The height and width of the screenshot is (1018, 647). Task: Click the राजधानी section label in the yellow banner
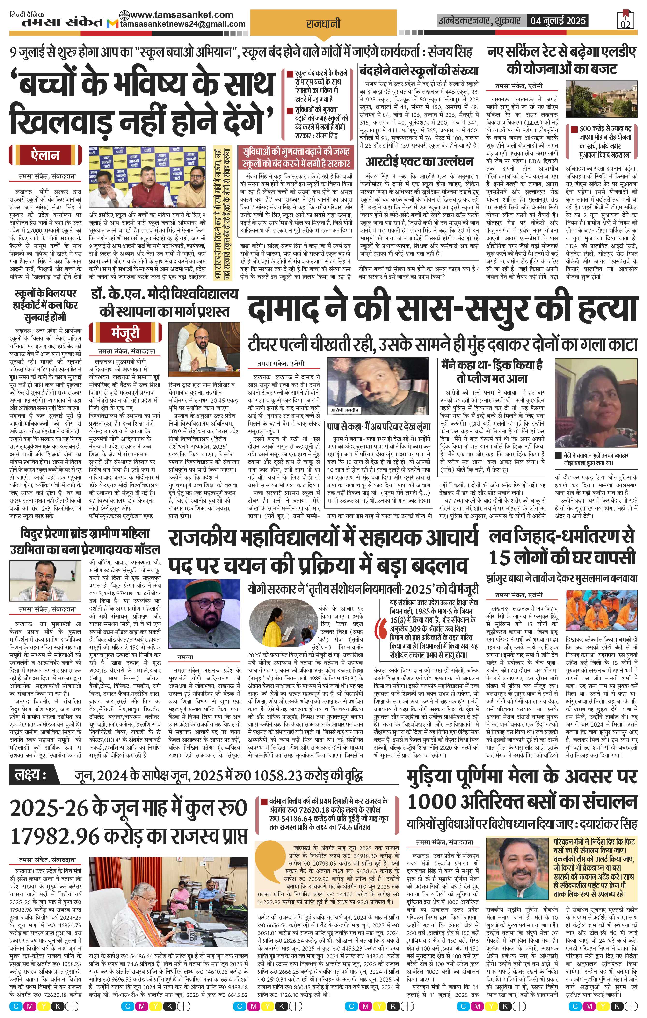pyautogui.click(x=323, y=24)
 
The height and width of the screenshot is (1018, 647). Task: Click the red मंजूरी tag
pyautogui.click(x=126, y=333)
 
